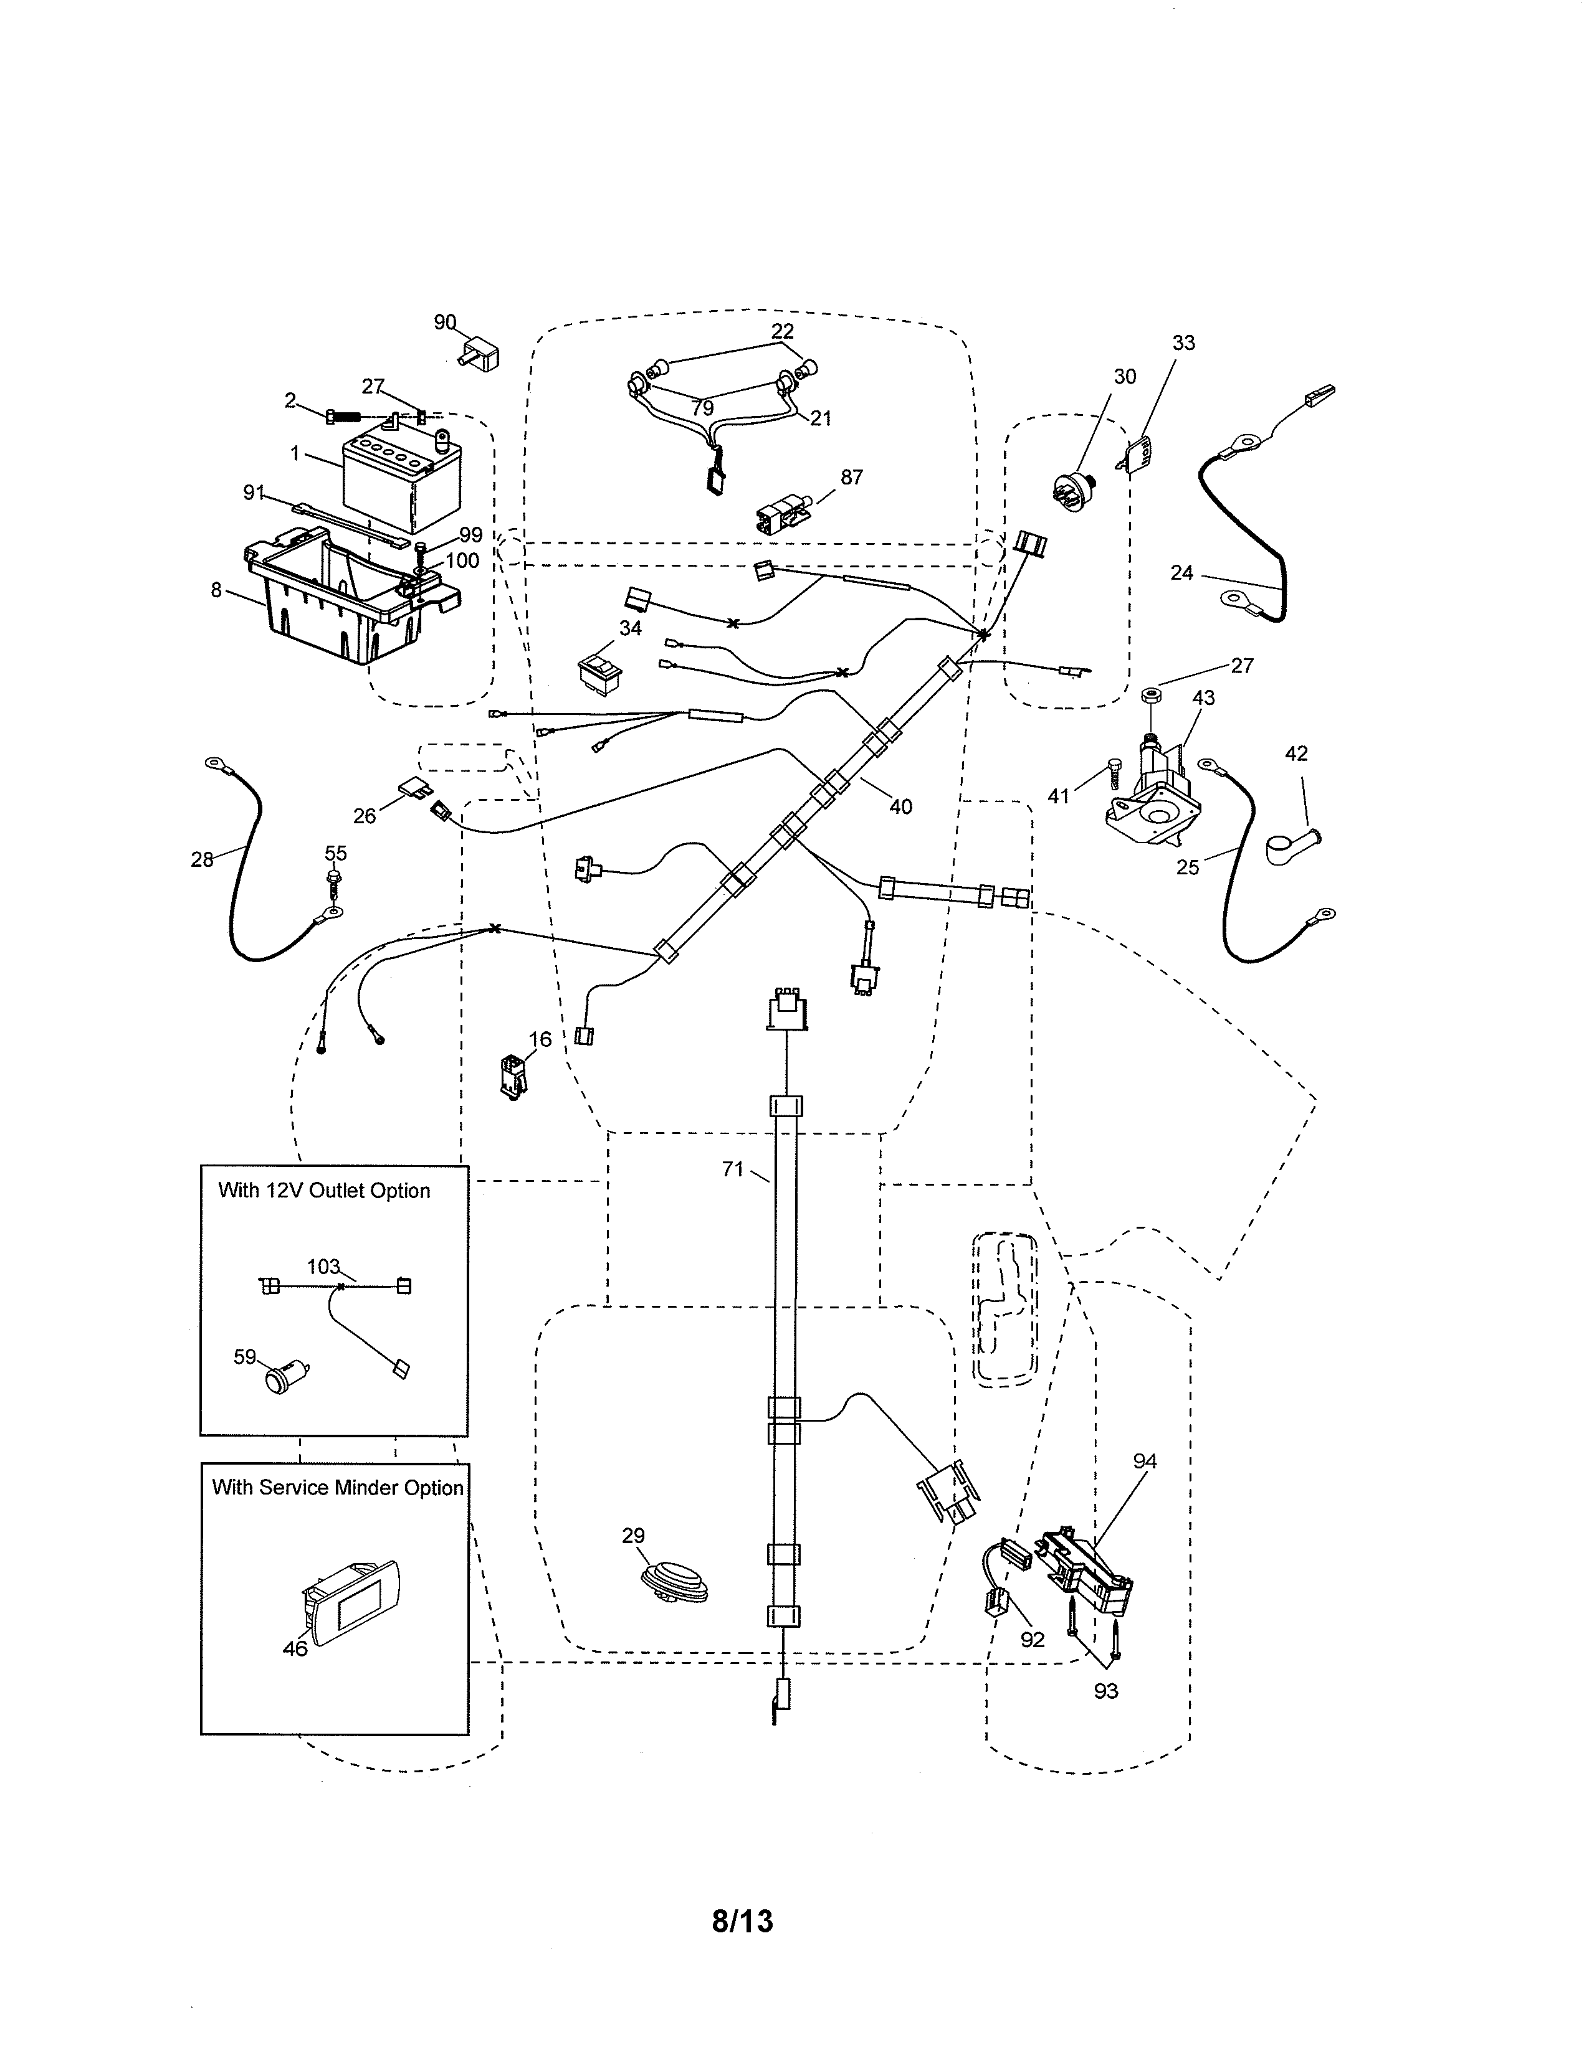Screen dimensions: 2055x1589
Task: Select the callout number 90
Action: [444, 323]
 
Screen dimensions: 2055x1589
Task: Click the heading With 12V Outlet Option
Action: [324, 1190]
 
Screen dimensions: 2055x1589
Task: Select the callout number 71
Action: [732, 1169]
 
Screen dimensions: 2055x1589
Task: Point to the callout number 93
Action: [1105, 1691]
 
